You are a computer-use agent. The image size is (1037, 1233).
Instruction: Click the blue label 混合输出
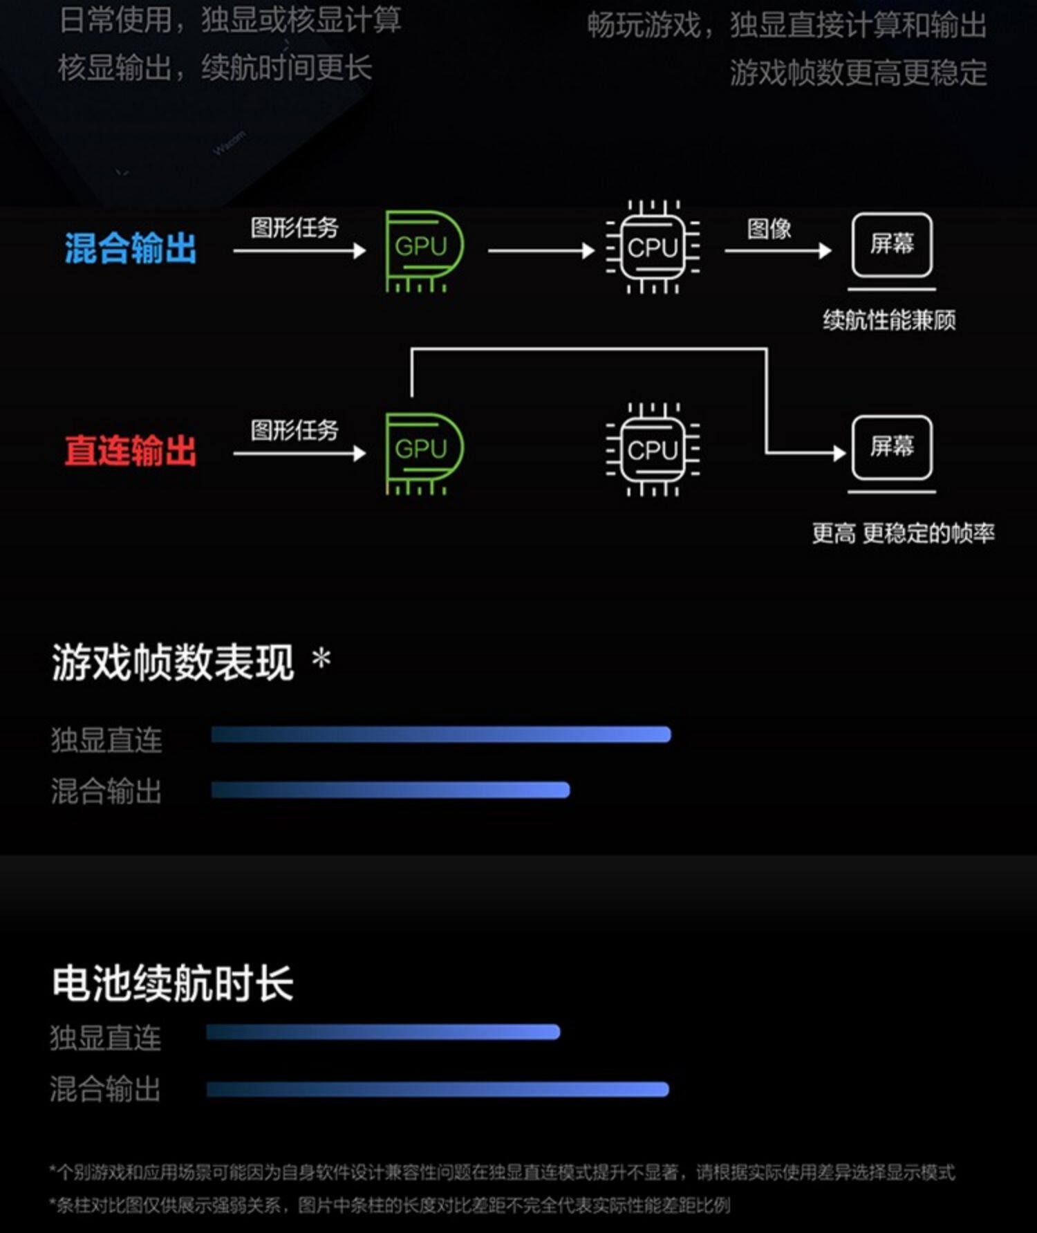pos(131,248)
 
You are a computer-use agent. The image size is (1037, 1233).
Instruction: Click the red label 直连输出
pos(131,451)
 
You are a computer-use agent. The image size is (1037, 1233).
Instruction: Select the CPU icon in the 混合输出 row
pos(653,248)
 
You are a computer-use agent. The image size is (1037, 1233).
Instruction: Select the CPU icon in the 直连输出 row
pos(653,450)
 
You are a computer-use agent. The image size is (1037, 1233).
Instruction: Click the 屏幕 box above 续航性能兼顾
pos(892,245)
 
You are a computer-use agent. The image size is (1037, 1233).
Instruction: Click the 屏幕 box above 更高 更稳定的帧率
pos(892,447)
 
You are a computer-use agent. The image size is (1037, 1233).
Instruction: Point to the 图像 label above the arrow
pos(769,229)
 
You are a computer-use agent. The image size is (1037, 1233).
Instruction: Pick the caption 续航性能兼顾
pos(889,320)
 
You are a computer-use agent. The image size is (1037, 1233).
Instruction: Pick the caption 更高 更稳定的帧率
pos(903,533)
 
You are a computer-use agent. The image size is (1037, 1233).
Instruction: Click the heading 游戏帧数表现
pos(173,662)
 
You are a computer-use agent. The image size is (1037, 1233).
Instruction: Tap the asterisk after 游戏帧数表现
pos(321,657)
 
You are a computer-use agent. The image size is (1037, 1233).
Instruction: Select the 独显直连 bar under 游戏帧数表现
pos(440,734)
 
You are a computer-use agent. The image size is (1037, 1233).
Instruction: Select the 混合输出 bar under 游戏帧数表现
pos(390,790)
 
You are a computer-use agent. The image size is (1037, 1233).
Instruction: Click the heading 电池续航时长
pos(173,983)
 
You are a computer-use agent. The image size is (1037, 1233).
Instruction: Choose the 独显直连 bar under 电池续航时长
pos(383,1032)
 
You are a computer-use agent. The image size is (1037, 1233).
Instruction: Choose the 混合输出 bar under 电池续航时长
pos(437,1090)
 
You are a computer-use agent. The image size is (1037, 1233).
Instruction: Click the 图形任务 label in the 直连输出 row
pos(295,430)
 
